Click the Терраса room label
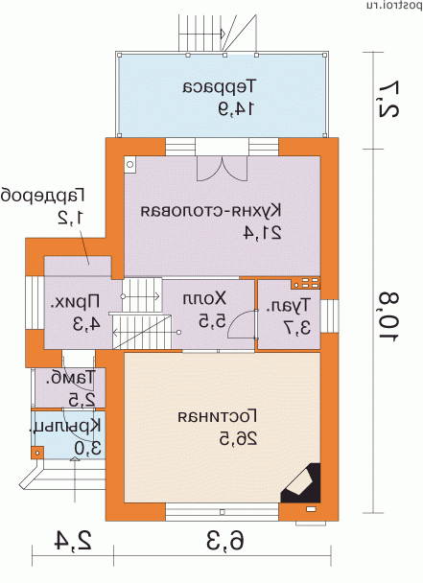click(x=220, y=86)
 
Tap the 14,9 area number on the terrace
click(x=236, y=107)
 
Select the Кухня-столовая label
click(x=211, y=211)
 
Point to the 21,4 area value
click(x=262, y=232)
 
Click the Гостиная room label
click(x=218, y=417)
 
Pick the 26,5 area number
click(x=238, y=439)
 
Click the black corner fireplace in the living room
click(x=300, y=483)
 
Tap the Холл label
click(x=204, y=298)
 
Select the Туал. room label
click(x=288, y=306)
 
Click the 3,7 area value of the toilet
click(x=297, y=328)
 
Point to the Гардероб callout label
click(x=43, y=196)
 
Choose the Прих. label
click(x=75, y=302)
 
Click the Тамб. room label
click(x=70, y=378)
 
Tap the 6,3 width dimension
click(x=225, y=542)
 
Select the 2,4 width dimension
click(x=73, y=541)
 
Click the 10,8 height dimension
click(x=389, y=316)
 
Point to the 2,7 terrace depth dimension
click(x=389, y=99)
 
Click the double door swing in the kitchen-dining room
click(x=223, y=169)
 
